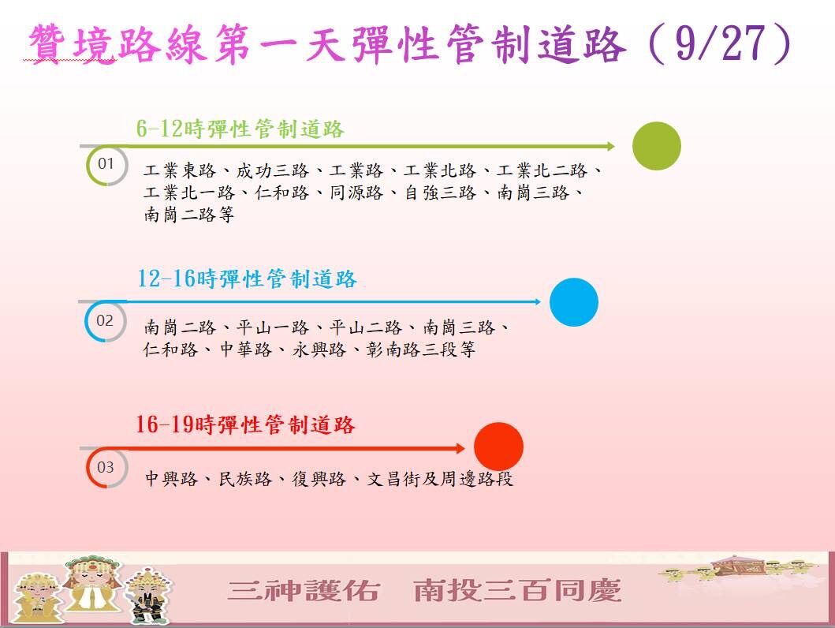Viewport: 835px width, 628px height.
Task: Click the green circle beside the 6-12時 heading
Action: coord(657,146)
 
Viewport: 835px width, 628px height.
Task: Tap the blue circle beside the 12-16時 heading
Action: coord(573,302)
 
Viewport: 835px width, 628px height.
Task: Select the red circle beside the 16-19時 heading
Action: coord(498,447)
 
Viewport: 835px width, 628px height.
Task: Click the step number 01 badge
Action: coord(106,163)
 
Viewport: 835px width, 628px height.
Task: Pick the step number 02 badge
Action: coord(105,320)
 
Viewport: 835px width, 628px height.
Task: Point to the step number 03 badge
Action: coord(106,467)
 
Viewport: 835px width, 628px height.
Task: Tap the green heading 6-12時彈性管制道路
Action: coord(240,129)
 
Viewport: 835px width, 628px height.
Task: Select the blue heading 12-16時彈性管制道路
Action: coord(247,278)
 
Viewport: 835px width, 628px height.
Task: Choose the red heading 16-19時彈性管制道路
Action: coord(245,425)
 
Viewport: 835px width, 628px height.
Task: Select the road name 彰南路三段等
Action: coord(421,350)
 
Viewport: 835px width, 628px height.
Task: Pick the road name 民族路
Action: coord(244,478)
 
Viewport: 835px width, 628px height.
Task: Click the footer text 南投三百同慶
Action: coord(517,590)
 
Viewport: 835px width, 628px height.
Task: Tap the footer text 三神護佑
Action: coord(304,590)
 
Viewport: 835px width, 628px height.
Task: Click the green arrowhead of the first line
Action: coord(610,146)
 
